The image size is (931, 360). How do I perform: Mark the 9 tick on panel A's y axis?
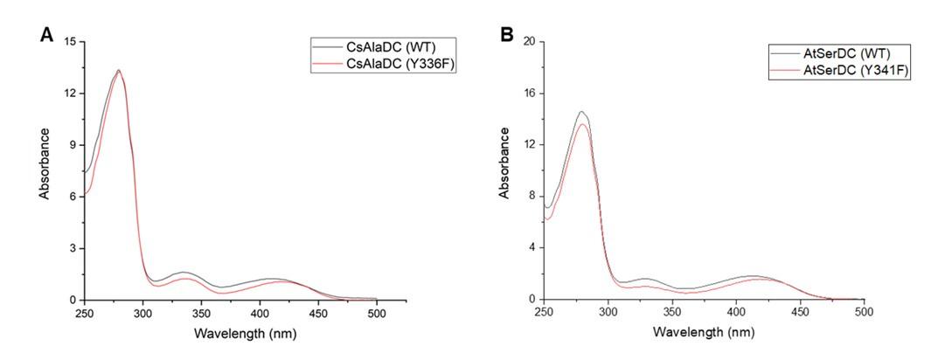pos(73,145)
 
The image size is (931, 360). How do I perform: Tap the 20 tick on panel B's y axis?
pos(528,42)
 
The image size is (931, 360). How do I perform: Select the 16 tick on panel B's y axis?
pos(528,93)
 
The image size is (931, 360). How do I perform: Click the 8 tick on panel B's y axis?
pos(531,197)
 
